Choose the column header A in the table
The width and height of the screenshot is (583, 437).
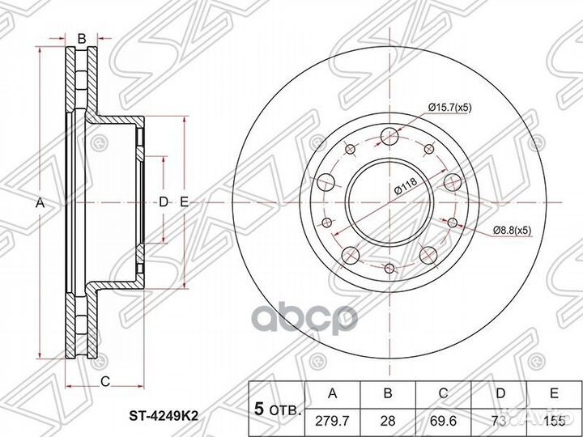(332, 392)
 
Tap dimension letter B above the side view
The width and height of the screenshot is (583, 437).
(81, 37)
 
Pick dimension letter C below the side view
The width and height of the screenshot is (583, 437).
(104, 381)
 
